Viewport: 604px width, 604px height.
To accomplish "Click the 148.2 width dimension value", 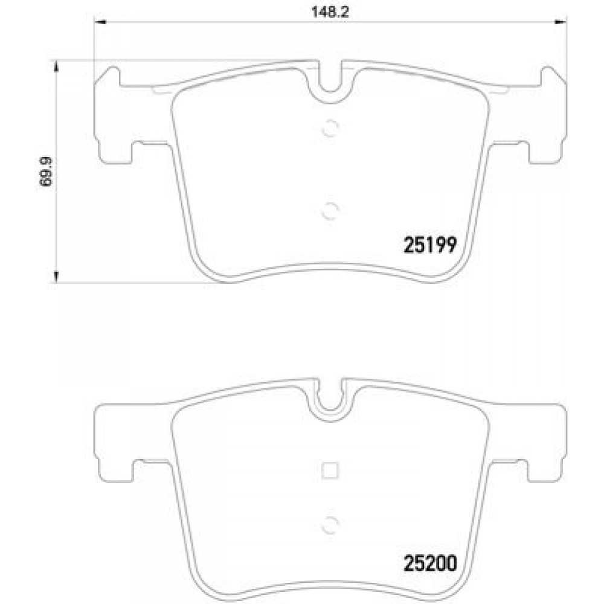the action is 330,12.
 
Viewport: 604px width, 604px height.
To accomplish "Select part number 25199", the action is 430,245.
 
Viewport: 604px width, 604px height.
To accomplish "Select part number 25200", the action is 430,564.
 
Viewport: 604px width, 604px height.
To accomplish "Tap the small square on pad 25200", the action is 330,471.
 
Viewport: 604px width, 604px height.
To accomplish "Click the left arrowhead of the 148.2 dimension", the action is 100,22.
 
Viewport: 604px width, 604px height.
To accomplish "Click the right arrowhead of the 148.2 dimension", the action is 561,22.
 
